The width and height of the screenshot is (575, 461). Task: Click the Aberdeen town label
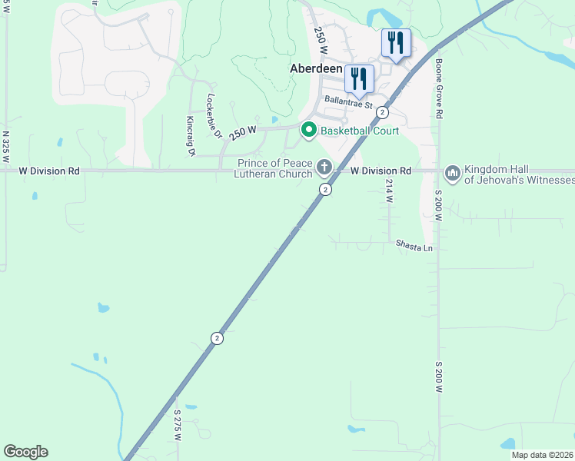[x=315, y=68]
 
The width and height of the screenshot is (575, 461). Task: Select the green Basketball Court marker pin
[x=309, y=131]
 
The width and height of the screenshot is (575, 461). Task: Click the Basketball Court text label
[x=360, y=131]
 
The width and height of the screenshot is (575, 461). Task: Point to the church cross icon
[x=324, y=167]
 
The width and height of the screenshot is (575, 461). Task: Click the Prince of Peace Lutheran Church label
[x=274, y=169]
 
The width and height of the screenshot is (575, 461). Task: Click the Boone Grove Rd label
[x=440, y=89]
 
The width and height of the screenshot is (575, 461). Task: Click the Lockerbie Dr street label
[x=213, y=117]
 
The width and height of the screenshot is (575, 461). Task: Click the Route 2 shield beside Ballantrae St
[x=382, y=112]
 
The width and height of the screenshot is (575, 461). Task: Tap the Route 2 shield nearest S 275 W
[x=218, y=338]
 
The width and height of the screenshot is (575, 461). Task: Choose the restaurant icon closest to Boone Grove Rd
[x=396, y=43]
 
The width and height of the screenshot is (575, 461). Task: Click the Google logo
[x=25, y=452]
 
